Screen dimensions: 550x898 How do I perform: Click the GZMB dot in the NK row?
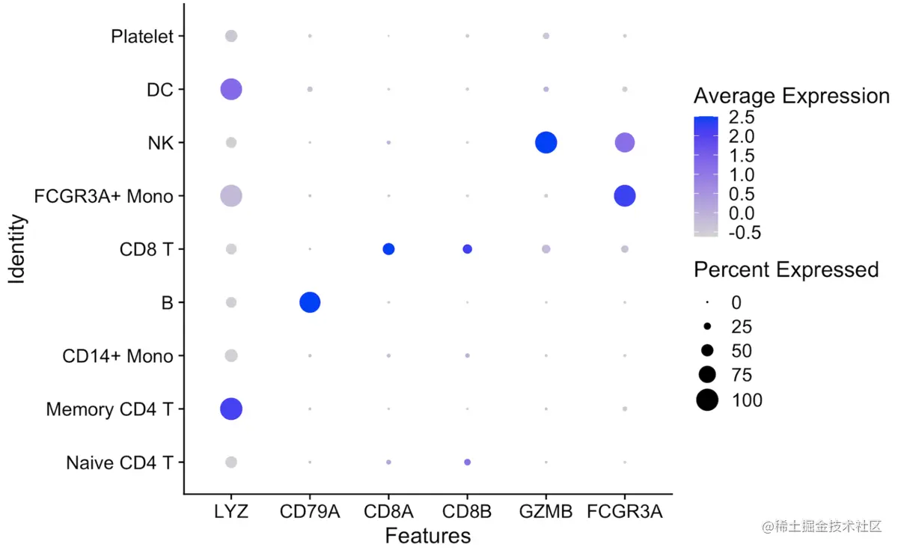[546, 142]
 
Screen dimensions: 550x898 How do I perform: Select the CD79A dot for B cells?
[310, 302]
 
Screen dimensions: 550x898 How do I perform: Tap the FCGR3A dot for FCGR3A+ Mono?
[625, 196]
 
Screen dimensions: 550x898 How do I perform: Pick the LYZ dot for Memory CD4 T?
[231, 409]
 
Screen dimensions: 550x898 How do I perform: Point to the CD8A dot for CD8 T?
[388, 249]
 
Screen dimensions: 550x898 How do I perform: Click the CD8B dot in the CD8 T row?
[467, 249]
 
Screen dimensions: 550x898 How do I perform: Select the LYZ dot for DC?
[231, 90]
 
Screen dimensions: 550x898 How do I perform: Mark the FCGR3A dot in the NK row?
[625, 142]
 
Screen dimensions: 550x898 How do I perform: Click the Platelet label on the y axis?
[142, 36]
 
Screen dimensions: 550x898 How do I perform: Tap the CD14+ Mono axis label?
[117, 356]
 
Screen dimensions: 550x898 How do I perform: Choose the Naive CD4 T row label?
[120, 462]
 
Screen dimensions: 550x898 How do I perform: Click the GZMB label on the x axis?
[546, 512]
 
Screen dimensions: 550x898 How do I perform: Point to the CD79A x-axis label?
[310, 512]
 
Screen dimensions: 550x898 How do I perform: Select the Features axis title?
[428, 536]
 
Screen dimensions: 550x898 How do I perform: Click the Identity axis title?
[18, 249]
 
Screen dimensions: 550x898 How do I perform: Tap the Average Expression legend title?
[791, 96]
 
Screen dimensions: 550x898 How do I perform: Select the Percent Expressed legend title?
[786, 269]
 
